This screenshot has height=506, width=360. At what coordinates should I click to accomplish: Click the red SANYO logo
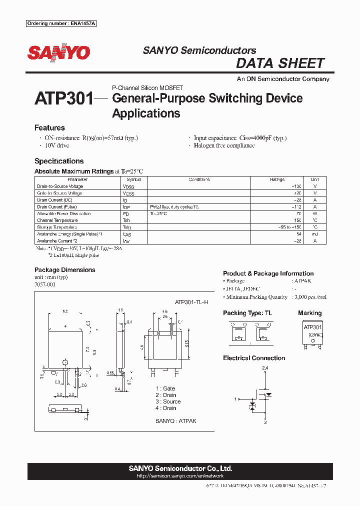pos(58,52)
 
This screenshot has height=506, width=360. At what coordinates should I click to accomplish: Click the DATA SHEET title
pos(280,63)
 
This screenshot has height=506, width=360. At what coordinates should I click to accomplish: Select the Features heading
pos(49,127)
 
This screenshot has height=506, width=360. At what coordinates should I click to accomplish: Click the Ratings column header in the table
pos(277,179)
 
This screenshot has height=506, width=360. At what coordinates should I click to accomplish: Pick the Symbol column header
pos(134,179)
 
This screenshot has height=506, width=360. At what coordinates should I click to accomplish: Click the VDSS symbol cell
pos(128,186)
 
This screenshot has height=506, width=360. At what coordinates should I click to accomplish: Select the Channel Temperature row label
pos(57,220)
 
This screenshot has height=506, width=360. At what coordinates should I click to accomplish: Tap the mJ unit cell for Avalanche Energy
pos(314,234)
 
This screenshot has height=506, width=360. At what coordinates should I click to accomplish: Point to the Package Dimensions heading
pos(64,270)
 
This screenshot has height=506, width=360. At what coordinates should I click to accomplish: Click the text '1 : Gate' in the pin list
pos(165,388)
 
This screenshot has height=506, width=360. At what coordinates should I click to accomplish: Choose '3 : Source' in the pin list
pos(168,401)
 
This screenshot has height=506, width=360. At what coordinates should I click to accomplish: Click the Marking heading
pos(310,313)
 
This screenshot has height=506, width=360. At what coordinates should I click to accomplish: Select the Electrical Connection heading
pos(254,358)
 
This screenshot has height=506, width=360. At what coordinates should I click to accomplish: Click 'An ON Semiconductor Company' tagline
pos(283,79)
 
